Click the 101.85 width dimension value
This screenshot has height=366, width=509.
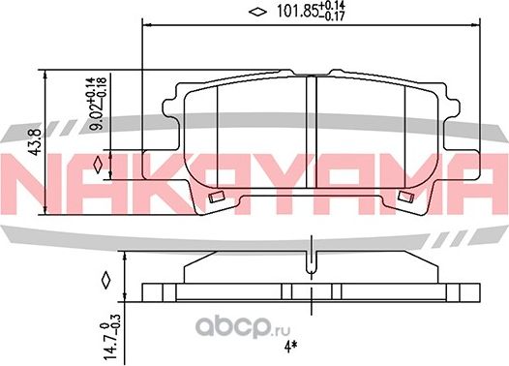click(297, 12)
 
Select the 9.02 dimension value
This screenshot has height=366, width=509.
click(97, 116)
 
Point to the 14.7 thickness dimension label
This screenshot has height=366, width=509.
click(111, 349)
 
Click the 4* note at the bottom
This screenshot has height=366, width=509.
click(290, 347)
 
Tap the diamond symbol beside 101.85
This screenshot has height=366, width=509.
click(257, 12)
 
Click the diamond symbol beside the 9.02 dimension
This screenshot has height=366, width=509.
click(98, 165)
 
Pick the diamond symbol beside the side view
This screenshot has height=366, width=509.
click(106, 280)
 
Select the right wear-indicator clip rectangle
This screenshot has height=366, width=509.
click(405, 197)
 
